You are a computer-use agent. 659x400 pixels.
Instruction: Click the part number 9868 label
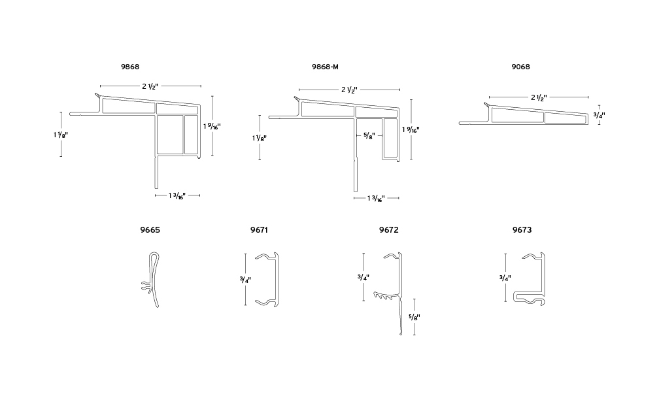click(130, 67)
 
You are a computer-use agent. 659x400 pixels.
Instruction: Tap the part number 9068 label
click(521, 67)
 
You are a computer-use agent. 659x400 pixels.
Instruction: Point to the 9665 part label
click(150, 230)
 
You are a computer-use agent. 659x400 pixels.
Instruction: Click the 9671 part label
click(260, 230)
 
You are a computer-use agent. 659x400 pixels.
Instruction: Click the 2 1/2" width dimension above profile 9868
click(150, 86)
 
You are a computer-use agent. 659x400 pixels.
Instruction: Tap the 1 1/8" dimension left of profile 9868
click(61, 133)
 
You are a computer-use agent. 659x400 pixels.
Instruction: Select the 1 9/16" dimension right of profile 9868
click(212, 125)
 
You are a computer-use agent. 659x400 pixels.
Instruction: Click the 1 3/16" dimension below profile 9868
click(177, 195)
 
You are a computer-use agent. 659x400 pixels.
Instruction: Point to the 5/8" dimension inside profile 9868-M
click(369, 137)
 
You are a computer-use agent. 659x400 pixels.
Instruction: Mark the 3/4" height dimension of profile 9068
click(599, 115)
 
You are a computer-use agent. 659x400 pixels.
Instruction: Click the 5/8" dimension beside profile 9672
click(414, 317)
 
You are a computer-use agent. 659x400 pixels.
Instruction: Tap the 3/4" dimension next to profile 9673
click(504, 277)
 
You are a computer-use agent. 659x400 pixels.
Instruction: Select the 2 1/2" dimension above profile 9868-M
click(349, 90)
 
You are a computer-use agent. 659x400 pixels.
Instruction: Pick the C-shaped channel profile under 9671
click(268, 278)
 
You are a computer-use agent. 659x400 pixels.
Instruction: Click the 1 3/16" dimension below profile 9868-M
click(375, 197)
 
